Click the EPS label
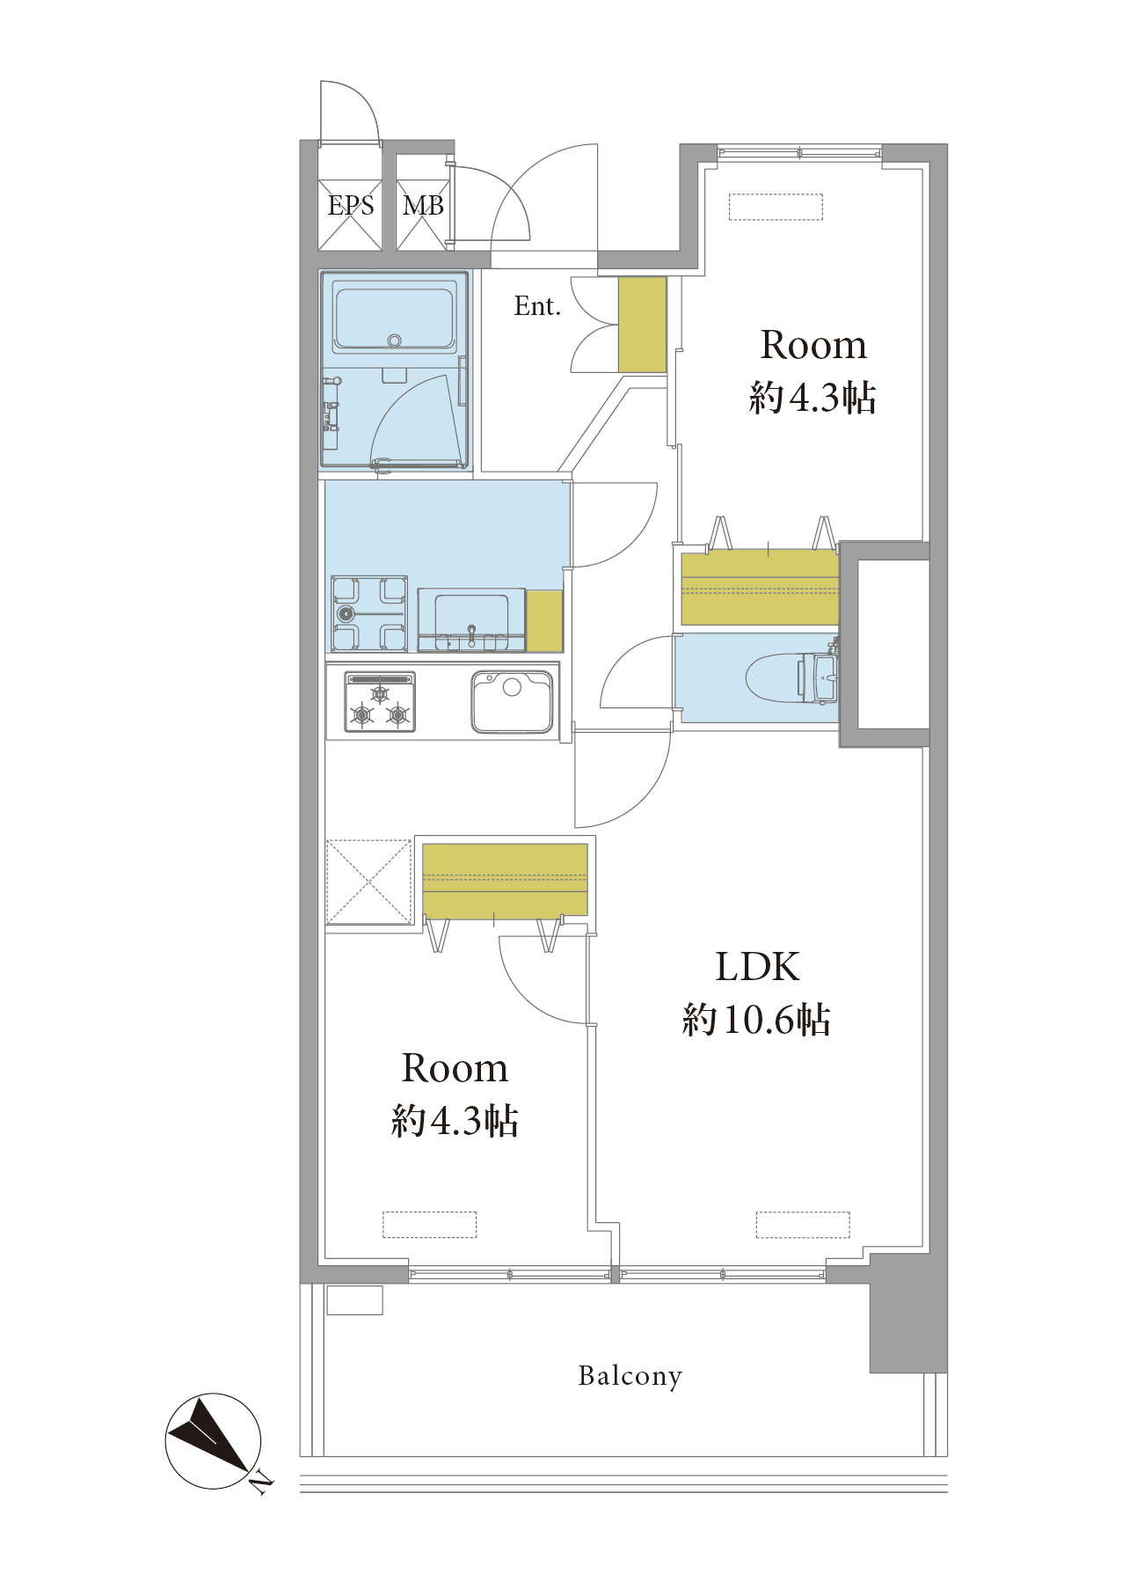point(351,206)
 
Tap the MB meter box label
point(423,206)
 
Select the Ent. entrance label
point(537,306)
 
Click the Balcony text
point(630,1376)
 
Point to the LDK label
point(757,967)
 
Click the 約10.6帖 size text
point(756,1020)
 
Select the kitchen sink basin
point(512,701)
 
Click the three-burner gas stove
point(380,702)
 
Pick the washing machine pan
point(369,614)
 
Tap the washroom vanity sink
point(472,619)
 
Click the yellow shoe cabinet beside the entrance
point(642,325)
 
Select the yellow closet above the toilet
point(760,587)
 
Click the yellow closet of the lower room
point(505,880)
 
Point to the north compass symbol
point(214,1441)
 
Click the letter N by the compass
point(260,1485)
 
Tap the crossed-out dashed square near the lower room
point(369,882)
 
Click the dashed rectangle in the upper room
point(776,207)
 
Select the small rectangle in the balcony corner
point(354,1300)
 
